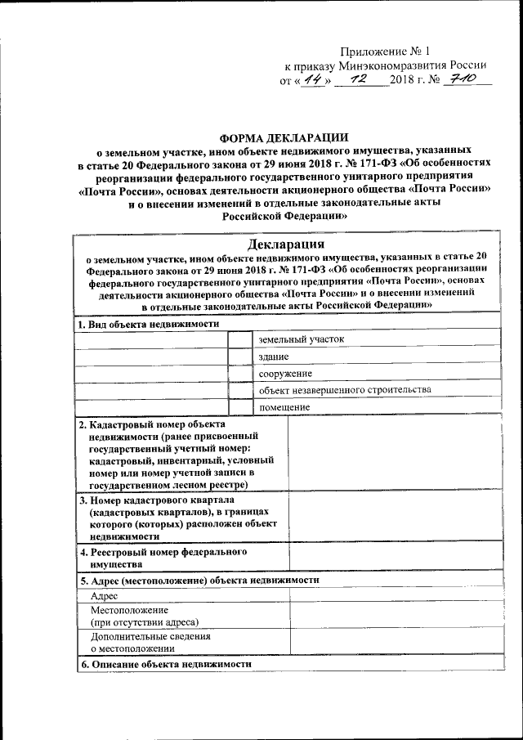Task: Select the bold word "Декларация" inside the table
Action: tap(287, 244)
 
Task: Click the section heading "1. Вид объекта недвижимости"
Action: tap(149, 324)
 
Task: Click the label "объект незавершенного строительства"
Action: tap(345, 390)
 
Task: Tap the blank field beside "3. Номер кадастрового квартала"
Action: tap(395, 518)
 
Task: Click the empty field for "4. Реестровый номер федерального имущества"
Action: tap(395, 558)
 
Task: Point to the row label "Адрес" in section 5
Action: tap(105, 597)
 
